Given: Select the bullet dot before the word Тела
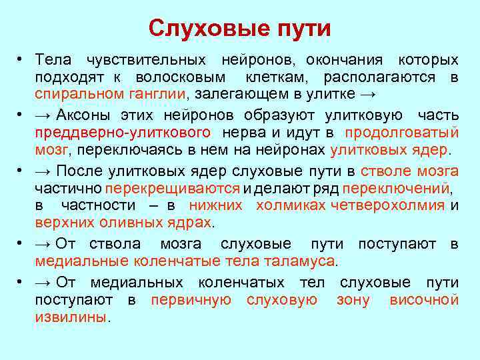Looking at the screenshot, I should [x=23, y=60].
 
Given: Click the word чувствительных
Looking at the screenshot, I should [x=147, y=59].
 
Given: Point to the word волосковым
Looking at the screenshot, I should [x=179, y=77].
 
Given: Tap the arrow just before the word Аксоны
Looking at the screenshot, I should [x=45, y=114].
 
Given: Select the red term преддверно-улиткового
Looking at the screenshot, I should [x=123, y=132].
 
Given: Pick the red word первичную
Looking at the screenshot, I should [x=191, y=300].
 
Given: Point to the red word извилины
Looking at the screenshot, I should [x=70, y=317].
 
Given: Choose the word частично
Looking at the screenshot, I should [x=69, y=188].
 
